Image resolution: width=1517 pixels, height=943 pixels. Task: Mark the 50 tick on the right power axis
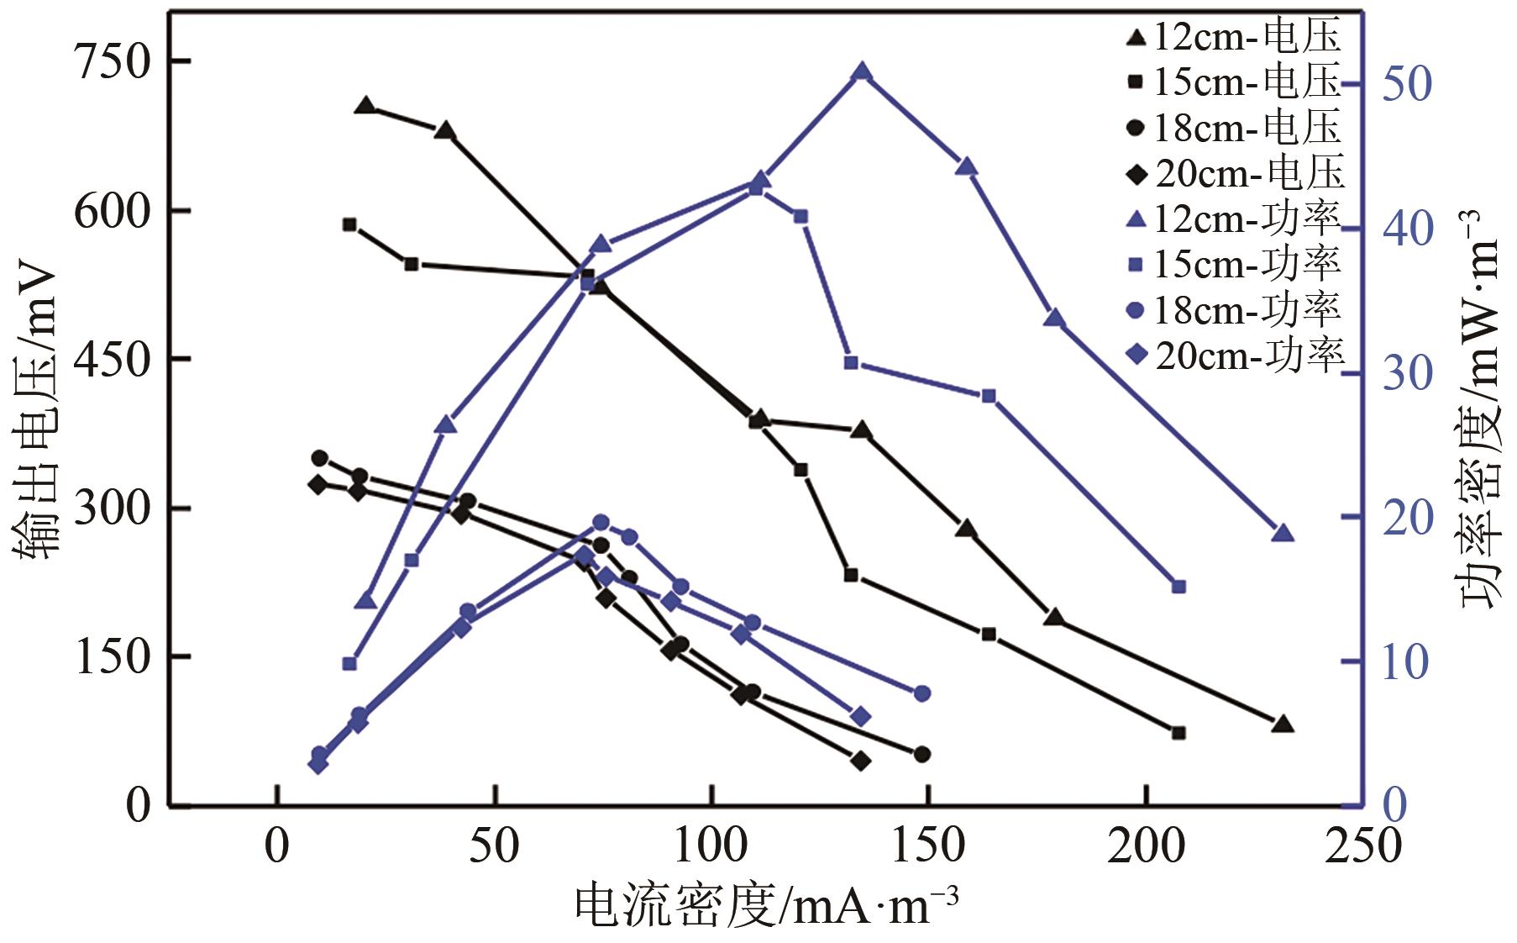[1405, 83]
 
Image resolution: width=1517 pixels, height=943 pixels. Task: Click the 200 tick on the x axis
[1146, 846]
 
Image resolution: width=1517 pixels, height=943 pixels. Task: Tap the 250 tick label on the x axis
[1363, 846]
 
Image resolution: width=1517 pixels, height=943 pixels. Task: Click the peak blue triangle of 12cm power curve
[861, 72]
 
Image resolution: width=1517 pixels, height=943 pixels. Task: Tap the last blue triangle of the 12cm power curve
[1282, 534]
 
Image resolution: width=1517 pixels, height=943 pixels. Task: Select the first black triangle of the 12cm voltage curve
[365, 106]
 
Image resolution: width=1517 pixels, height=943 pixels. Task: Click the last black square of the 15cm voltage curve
[1178, 733]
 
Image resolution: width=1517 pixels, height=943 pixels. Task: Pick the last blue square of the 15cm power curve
[1178, 587]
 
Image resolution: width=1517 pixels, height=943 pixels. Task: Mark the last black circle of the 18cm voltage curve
[921, 754]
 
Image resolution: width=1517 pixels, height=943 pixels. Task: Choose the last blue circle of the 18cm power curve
[921, 693]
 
